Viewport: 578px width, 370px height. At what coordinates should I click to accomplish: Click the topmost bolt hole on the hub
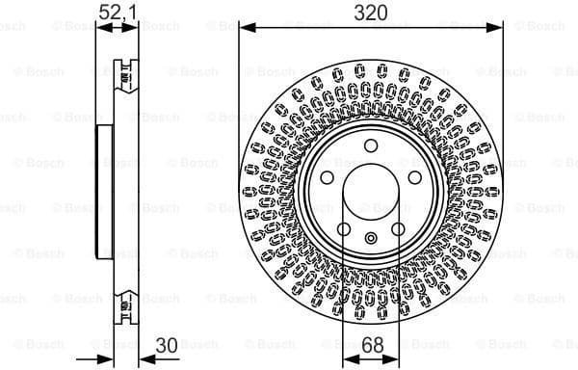(370, 146)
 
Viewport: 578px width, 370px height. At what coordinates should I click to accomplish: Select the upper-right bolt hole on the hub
(414, 178)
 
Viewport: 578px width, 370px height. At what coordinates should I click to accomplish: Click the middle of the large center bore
(371, 193)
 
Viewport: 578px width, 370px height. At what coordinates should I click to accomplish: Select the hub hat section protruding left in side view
(100, 193)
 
